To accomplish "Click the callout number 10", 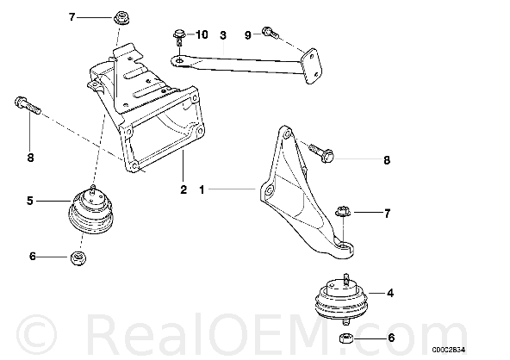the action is tap(202, 34).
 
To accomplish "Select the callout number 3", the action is tap(223, 35).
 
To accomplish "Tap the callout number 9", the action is tap(248, 34).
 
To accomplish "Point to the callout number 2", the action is tap(183, 189).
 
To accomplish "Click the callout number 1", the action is tap(202, 189).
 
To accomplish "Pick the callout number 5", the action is tap(30, 201).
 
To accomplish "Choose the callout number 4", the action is tap(390, 293).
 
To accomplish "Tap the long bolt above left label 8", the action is tap(28, 105).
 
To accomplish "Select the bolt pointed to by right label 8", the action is tap(321, 153).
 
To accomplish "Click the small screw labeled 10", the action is tap(179, 37).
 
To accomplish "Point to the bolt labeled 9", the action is tap(271, 32).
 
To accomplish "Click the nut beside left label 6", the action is tap(78, 258).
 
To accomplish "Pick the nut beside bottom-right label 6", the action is tap(346, 338).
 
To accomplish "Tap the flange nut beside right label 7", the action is tap(343, 211).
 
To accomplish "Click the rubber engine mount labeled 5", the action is tap(90, 210).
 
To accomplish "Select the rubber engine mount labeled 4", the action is tap(341, 299).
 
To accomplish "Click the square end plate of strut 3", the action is tap(312, 66).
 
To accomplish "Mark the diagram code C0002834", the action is tap(449, 350).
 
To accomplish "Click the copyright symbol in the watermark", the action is tap(36, 334).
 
